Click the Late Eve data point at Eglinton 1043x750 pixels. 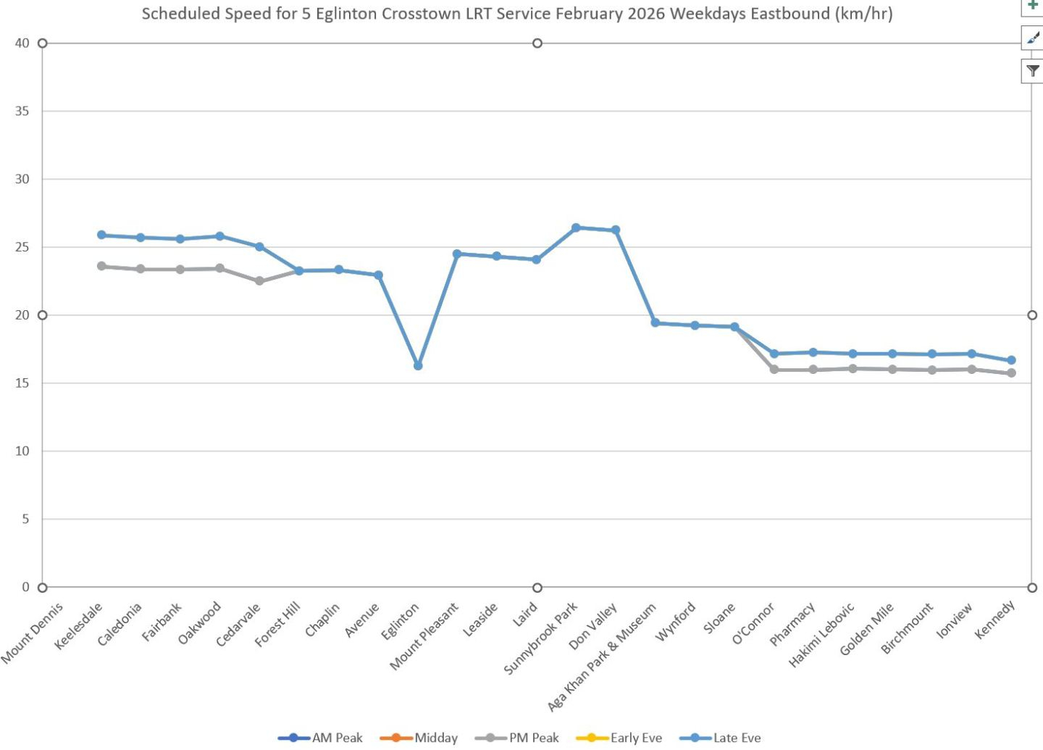tap(418, 366)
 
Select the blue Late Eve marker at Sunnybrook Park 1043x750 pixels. tap(577, 228)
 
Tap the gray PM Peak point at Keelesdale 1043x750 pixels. tap(101, 266)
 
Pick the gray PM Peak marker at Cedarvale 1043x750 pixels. tap(259, 281)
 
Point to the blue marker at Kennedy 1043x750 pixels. tap(1011, 360)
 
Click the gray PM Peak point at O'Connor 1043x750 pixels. tap(774, 370)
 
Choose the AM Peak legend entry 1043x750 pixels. tap(320, 738)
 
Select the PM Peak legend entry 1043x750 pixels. tap(517, 738)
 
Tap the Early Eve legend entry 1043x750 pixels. tap(619, 738)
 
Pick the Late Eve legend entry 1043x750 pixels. tap(721, 738)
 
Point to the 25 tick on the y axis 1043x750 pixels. tap(22, 247)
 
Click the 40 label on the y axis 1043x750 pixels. tap(22, 43)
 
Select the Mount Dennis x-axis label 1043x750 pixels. tap(32, 633)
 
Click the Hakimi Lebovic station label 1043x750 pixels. tap(822, 635)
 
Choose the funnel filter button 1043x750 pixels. tap(1033, 71)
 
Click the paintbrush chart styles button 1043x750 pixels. tap(1033, 38)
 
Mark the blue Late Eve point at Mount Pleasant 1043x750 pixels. tap(457, 254)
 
